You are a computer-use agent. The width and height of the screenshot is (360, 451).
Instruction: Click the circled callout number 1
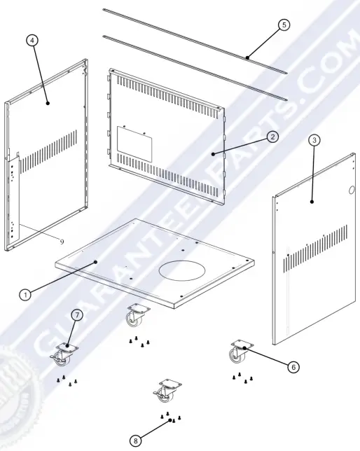coord(25,295)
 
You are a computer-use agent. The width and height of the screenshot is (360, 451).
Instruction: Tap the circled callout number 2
coord(272,137)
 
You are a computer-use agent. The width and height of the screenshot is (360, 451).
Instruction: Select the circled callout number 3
coord(314,140)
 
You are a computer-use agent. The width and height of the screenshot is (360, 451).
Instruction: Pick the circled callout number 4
coord(32,41)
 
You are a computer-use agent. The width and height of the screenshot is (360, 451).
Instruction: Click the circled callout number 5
coord(284,25)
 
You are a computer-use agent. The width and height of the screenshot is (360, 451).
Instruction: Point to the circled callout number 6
coord(293,367)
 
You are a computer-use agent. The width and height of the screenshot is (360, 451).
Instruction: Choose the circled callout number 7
coord(77,315)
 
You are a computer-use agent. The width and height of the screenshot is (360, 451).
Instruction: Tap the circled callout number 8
coord(136,440)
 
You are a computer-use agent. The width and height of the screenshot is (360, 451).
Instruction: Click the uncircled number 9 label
coord(62,242)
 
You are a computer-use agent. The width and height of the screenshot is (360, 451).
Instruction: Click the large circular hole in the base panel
coord(182,270)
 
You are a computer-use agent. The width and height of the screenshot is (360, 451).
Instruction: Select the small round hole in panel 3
coord(352,190)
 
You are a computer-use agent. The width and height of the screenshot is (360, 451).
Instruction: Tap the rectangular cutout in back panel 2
coord(134,144)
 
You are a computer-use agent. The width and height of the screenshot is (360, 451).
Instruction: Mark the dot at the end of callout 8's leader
coord(170,420)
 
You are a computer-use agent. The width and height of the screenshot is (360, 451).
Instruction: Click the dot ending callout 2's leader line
coord(213,154)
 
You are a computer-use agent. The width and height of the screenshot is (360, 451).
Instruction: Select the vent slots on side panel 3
coord(315,249)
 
